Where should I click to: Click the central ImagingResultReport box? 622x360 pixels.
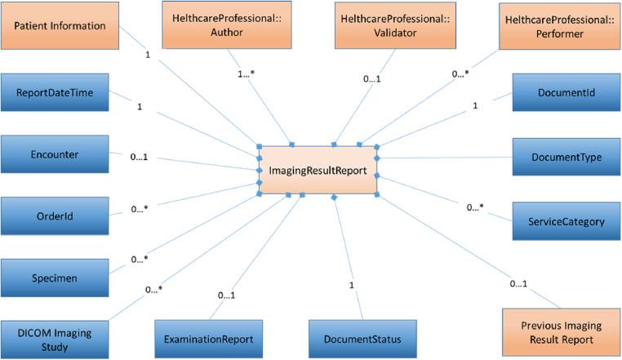(x=318, y=171)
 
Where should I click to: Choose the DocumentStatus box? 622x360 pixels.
(x=357, y=337)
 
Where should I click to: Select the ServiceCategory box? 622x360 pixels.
(x=566, y=220)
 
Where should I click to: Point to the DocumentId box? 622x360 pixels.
(x=566, y=93)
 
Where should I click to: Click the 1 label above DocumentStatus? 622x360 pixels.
(x=352, y=286)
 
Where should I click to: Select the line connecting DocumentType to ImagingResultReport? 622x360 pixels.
(x=445, y=158)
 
